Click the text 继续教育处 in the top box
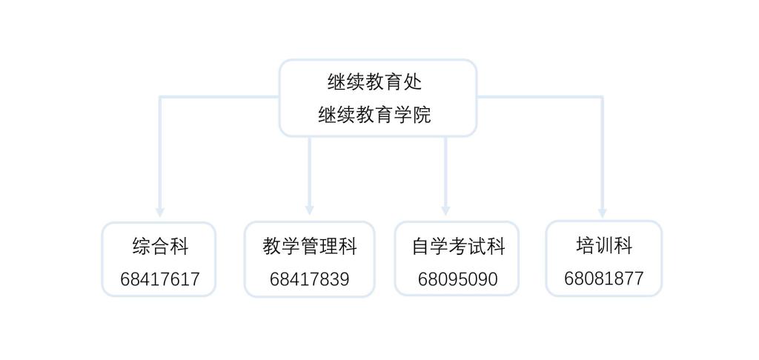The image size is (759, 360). pyautogui.click(x=374, y=81)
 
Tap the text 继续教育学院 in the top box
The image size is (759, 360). pyautogui.click(x=374, y=115)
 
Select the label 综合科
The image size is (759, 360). pyautogui.click(x=160, y=246)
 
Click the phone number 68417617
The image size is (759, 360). pyautogui.click(x=160, y=279)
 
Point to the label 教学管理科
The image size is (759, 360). pyautogui.click(x=310, y=246)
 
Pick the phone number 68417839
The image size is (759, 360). pyautogui.click(x=310, y=279)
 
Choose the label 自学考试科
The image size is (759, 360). pyautogui.click(x=458, y=246)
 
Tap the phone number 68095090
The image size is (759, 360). pyautogui.click(x=458, y=279)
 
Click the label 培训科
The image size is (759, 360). pyautogui.click(x=604, y=245)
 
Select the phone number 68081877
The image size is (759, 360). pyautogui.click(x=604, y=279)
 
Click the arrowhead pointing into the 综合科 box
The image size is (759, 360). pyautogui.click(x=160, y=213)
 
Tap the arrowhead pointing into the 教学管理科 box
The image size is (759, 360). pyautogui.click(x=309, y=210)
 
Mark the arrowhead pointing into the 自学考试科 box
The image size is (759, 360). pyautogui.click(x=445, y=211)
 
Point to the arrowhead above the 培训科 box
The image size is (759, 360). pyautogui.click(x=602, y=213)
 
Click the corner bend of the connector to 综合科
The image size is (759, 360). pyautogui.click(x=160, y=97)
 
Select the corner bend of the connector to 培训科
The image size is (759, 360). pyautogui.click(x=602, y=97)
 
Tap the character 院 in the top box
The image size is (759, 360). pyautogui.click(x=422, y=115)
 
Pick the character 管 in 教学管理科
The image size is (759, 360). pyautogui.click(x=310, y=246)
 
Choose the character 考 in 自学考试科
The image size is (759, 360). pyautogui.click(x=458, y=246)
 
